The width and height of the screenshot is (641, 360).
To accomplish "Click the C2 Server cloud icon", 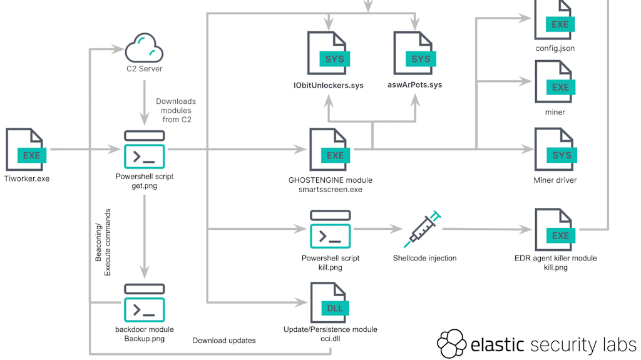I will point(145,48).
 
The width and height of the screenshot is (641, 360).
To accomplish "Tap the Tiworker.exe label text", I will point(27,178).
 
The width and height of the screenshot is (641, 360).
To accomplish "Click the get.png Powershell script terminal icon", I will point(145,150).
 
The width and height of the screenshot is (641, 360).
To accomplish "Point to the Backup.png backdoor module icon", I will point(145,303).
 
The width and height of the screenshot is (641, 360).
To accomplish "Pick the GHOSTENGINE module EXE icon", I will point(331,150).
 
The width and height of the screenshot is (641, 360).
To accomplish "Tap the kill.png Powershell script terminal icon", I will point(331,230).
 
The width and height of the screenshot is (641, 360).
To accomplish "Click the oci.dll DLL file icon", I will point(331,303).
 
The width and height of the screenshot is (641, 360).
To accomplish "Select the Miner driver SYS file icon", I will point(555,150).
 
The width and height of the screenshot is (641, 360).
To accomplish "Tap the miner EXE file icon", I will point(555,83).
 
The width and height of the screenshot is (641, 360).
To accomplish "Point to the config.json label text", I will point(555,48).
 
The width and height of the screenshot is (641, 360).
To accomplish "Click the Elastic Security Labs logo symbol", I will point(451,344).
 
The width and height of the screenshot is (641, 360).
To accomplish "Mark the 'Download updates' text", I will point(224,341).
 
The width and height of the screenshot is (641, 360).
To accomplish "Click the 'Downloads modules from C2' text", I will point(175,110).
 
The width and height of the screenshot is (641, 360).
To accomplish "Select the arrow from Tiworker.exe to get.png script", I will point(85,150).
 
